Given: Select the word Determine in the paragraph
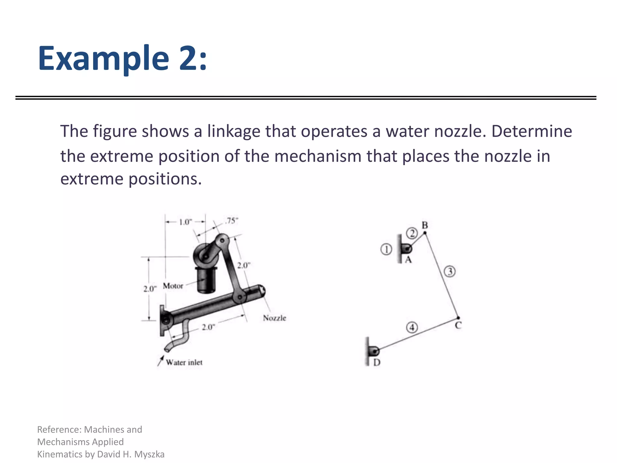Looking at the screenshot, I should tap(532, 131).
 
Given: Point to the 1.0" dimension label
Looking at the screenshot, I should tap(186, 222).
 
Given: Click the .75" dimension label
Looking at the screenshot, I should tap(231, 221).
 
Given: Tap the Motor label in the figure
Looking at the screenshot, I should tap(173, 286).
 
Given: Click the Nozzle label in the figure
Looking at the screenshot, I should tap(274, 318).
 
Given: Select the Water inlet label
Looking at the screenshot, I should tap(184, 362).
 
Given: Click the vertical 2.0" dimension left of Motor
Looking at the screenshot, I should tap(150, 289).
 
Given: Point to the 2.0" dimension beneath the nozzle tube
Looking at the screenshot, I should tap(208, 327).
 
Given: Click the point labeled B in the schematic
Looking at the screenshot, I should tap(425, 233).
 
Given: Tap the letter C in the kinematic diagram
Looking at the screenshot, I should tap(458, 326).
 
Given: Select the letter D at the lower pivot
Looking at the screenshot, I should tap(377, 362).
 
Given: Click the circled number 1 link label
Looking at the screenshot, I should tap(386, 250).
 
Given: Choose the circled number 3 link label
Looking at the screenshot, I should tap(450, 272).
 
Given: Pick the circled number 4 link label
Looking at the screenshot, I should tap(412, 327).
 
